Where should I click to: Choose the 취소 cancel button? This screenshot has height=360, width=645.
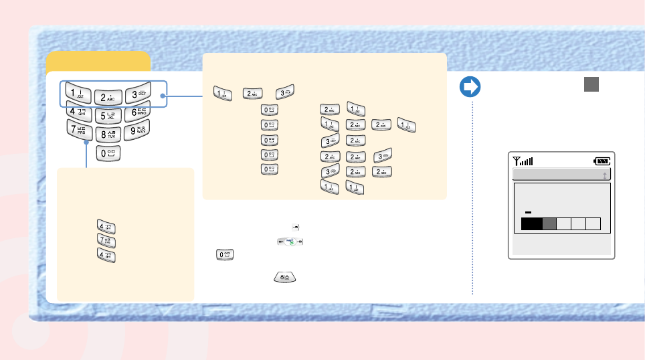[285, 277]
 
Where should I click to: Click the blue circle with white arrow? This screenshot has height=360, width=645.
[470, 87]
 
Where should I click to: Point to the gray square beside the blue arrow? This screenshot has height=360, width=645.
[591, 84]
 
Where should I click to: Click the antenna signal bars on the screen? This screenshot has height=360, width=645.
[523, 161]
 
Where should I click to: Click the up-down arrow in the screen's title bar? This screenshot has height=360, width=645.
[605, 175]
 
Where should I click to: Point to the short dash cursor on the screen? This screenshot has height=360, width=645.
[528, 211]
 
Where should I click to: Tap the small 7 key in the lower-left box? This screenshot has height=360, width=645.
[107, 241]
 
